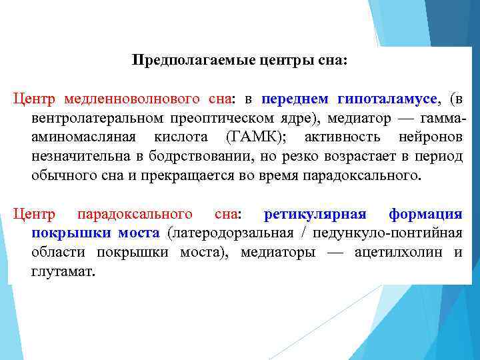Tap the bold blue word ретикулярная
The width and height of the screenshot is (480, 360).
315,215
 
